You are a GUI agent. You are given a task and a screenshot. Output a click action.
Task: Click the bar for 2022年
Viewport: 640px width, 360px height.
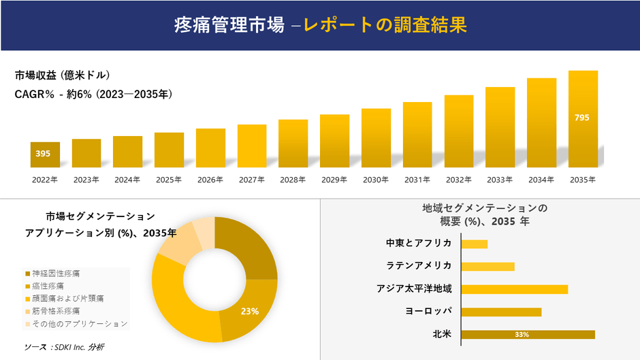(45, 154)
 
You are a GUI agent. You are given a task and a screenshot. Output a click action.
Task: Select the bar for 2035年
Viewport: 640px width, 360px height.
(583, 119)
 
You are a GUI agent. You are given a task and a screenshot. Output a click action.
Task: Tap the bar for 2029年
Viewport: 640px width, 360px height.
(334, 141)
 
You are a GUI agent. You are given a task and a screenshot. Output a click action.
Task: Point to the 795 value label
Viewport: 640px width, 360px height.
(582, 118)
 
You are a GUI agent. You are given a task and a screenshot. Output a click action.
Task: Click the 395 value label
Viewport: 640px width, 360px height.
(43, 154)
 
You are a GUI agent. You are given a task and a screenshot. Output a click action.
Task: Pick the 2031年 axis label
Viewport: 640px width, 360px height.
(417, 180)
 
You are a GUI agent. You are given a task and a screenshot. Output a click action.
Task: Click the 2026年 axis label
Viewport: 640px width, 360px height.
(210, 180)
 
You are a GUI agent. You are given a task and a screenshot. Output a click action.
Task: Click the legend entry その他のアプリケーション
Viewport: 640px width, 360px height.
(76, 323)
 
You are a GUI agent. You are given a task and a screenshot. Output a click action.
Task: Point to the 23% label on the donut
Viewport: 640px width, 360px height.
(250, 311)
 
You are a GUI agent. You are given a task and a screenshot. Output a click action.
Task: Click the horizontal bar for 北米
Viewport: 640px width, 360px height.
(528, 334)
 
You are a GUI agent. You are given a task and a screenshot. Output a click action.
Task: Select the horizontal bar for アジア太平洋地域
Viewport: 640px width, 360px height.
(514, 289)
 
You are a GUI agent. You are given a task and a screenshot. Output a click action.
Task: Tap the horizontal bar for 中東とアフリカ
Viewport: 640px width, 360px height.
(474, 244)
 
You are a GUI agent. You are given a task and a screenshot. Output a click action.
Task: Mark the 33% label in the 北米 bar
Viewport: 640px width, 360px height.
(522, 334)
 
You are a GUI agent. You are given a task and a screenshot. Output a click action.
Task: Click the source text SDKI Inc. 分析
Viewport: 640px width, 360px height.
(64, 347)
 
